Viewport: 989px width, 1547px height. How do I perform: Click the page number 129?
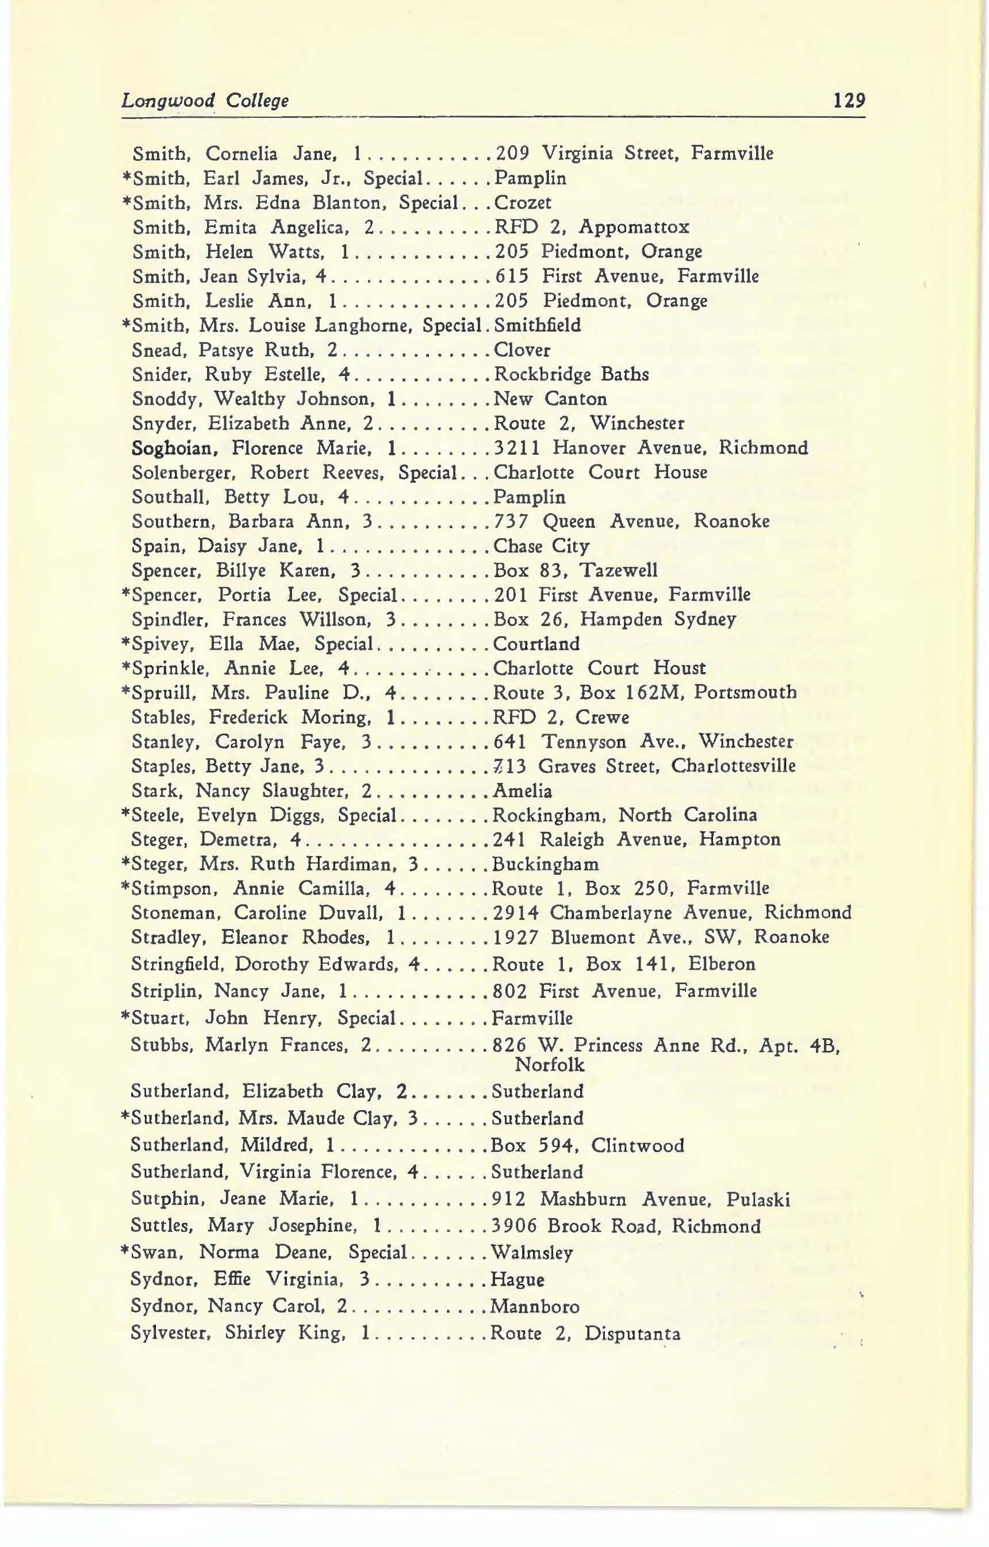(x=849, y=101)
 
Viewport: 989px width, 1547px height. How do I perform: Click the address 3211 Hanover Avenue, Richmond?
(x=650, y=448)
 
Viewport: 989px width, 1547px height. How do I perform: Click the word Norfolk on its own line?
(x=550, y=1065)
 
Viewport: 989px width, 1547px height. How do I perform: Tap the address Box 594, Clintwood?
(x=587, y=1146)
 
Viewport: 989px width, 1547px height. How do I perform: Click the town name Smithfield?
(x=537, y=325)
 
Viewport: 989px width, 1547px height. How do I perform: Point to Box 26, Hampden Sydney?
(x=614, y=619)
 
